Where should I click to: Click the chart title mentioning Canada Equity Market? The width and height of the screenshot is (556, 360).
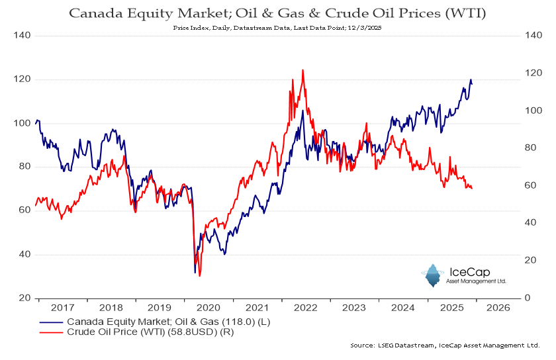pos(277,13)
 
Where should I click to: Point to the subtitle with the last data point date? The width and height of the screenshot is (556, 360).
pos(277,28)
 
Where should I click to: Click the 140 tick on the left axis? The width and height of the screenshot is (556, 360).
pos(21,35)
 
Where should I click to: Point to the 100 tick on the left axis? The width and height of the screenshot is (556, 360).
pos(21,123)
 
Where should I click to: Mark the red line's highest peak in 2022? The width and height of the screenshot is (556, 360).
pos(302,69)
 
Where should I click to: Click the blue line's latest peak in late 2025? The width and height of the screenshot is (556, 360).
pos(471,80)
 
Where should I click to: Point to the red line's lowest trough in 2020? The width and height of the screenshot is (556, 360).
pos(200,275)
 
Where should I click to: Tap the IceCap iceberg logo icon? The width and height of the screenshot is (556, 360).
pos(434,275)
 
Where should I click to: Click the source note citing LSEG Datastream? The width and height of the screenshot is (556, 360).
pos(445,345)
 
